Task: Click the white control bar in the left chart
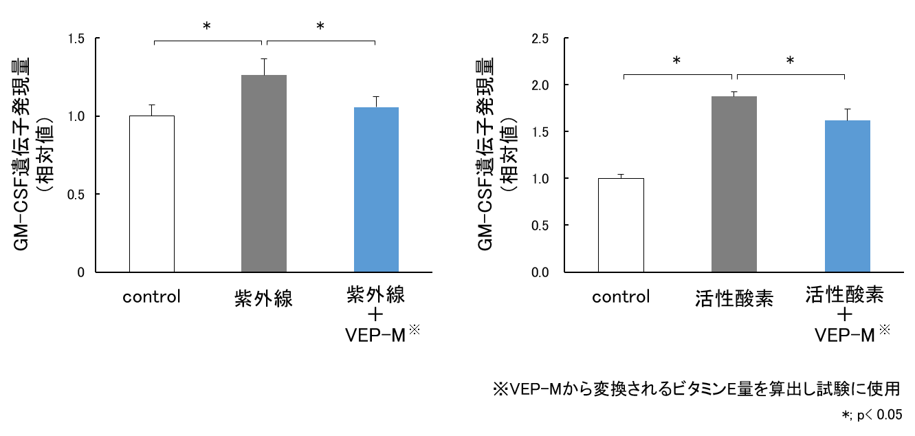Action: tap(152, 194)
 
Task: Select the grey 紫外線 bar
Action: tap(264, 173)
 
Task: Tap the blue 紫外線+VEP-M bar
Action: tap(376, 189)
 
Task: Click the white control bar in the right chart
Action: tap(621, 225)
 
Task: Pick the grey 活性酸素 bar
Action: tap(734, 184)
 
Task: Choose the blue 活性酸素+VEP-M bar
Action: tap(848, 196)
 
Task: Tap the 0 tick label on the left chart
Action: tap(81, 272)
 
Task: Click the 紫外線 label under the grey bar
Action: tap(264, 299)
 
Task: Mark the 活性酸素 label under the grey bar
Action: tap(734, 299)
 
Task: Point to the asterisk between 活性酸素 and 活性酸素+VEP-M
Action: tap(791, 61)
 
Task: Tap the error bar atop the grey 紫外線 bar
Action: tap(264, 67)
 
